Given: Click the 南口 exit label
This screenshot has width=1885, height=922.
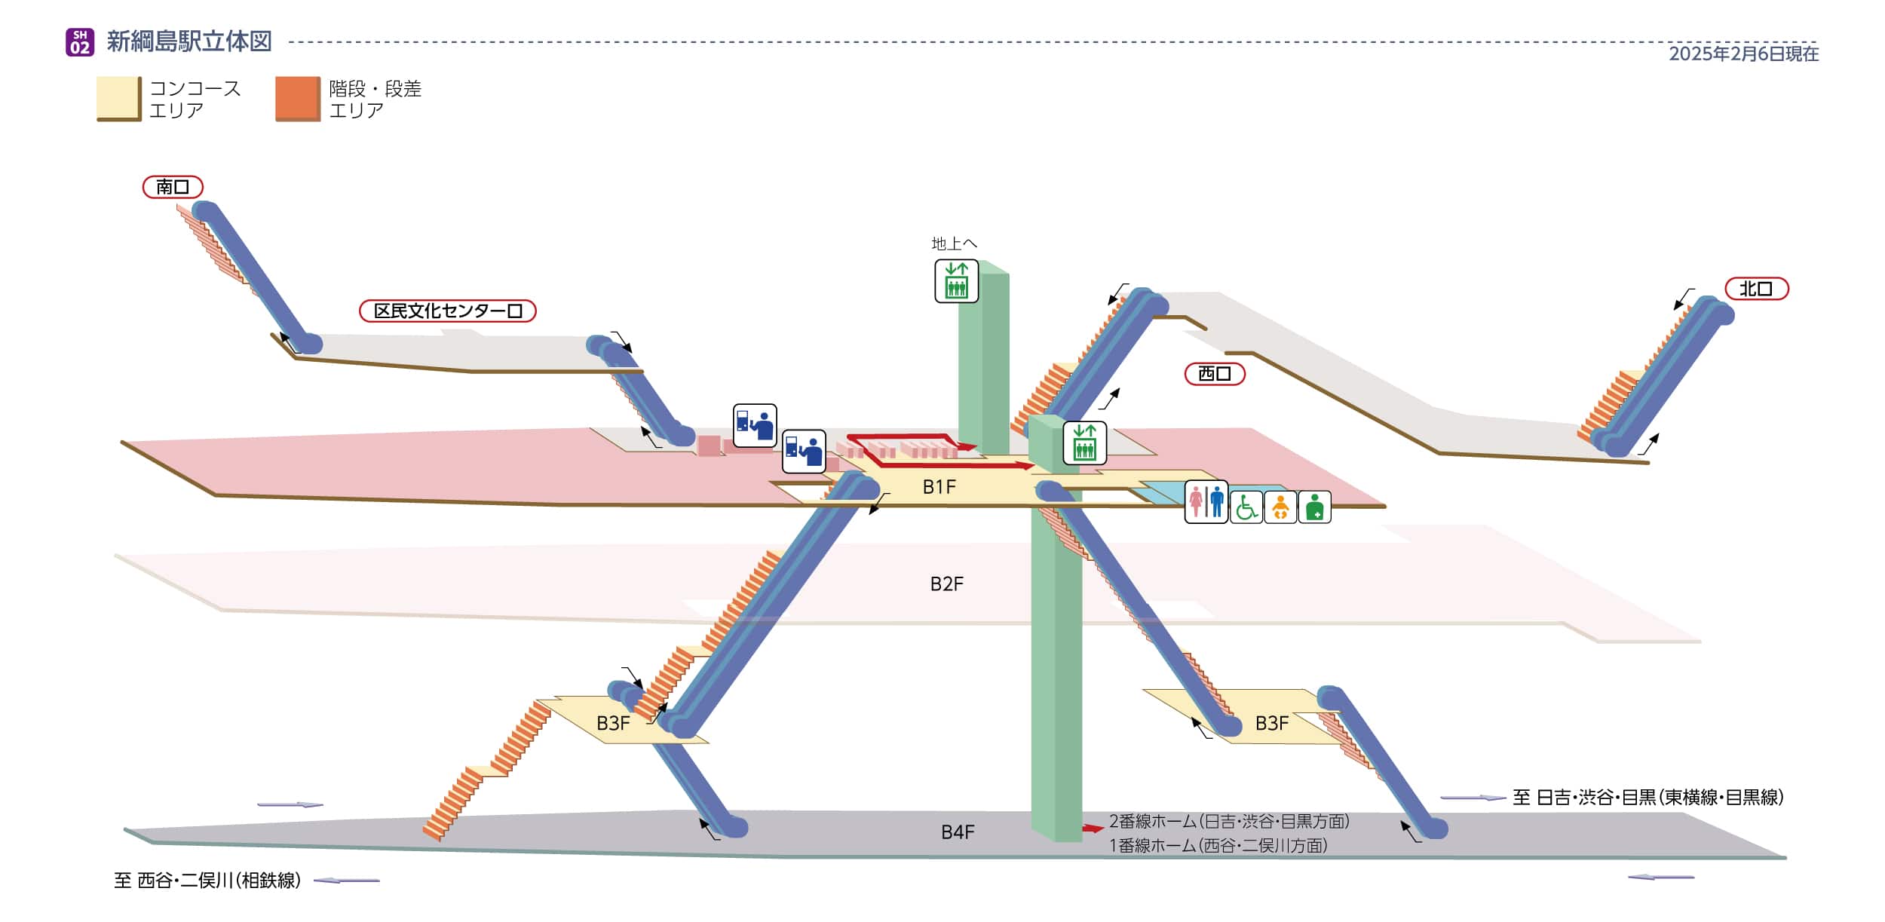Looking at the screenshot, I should (x=173, y=186).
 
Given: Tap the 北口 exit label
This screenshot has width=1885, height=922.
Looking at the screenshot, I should (x=1756, y=289).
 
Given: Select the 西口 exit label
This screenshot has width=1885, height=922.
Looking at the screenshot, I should (x=1214, y=373).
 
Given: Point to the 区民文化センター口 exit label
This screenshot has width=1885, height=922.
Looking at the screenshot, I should (x=447, y=311).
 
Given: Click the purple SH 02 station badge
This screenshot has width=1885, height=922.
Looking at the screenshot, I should (x=80, y=42).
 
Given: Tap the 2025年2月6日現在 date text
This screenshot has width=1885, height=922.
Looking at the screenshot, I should (x=1743, y=54).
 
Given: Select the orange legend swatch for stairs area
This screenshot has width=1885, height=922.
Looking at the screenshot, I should (x=297, y=98).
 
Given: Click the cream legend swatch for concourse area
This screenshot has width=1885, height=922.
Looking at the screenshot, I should (x=118, y=98).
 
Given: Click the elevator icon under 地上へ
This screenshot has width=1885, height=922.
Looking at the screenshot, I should (x=956, y=281).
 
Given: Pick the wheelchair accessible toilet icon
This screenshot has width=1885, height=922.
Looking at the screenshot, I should (x=1246, y=507).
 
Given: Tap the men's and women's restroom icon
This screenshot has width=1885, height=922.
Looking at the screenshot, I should (x=1206, y=502).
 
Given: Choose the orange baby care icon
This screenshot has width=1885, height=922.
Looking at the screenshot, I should (x=1280, y=507).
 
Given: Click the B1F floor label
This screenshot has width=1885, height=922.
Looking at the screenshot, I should (x=939, y=487).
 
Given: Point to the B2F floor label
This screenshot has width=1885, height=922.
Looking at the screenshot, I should (x=946, y=584).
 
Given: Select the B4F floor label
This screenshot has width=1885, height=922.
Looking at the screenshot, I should (x=957, y=832).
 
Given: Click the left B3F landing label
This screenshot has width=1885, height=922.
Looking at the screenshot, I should (x=612, y=724).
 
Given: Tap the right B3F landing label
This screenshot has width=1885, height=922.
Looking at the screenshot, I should (x=1271, y=724).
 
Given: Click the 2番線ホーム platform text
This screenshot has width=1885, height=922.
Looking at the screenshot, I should (x=1228, y=821).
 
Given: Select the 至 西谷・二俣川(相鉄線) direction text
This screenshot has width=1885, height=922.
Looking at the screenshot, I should (x=207, y=881).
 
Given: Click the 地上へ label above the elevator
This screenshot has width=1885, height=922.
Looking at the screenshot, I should (x=954, y=244).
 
